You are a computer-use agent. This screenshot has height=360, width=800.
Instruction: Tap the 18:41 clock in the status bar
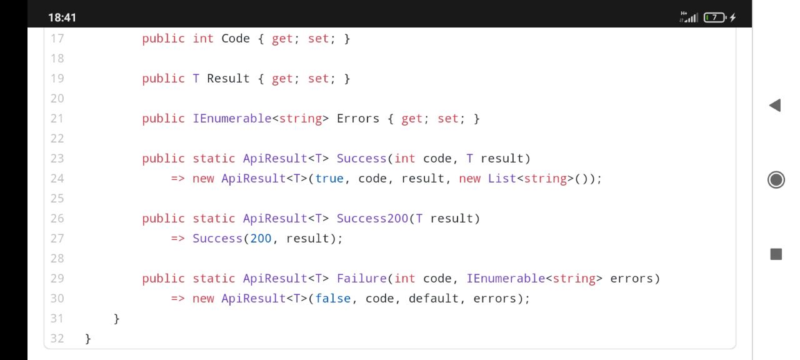pos(62,17)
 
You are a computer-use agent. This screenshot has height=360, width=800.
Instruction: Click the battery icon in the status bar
pos(715,17)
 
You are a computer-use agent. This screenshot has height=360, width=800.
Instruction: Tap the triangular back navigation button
pos(775,106)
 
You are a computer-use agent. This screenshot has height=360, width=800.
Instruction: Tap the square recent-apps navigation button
pos(776,254)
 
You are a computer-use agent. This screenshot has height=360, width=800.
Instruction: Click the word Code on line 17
pos(236,38)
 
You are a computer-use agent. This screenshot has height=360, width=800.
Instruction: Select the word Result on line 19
pos(228,78)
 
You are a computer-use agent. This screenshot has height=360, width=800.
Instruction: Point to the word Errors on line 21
pos(358,118)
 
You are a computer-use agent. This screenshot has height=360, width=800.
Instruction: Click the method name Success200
pos(372,218)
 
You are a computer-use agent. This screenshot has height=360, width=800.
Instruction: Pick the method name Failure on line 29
pos(361,278)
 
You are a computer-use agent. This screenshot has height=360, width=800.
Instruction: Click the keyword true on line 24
pos(329,178)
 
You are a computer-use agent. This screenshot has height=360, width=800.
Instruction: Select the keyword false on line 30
pos(333,298)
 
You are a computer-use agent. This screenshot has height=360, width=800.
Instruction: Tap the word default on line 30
pos(434,298)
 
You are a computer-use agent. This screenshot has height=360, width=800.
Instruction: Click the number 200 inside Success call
pos(261,238)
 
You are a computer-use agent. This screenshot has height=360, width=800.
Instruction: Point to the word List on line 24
pos(502,178)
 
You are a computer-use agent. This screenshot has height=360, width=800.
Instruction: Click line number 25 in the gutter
pos(57,198)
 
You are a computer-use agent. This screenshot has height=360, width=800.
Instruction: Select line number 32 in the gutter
pos(57,338)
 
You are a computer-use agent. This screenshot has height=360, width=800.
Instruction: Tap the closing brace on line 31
pos(116,318)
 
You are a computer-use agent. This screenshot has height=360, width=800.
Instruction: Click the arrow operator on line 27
pos(178,238)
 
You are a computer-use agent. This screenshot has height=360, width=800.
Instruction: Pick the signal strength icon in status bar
pos(689,17)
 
